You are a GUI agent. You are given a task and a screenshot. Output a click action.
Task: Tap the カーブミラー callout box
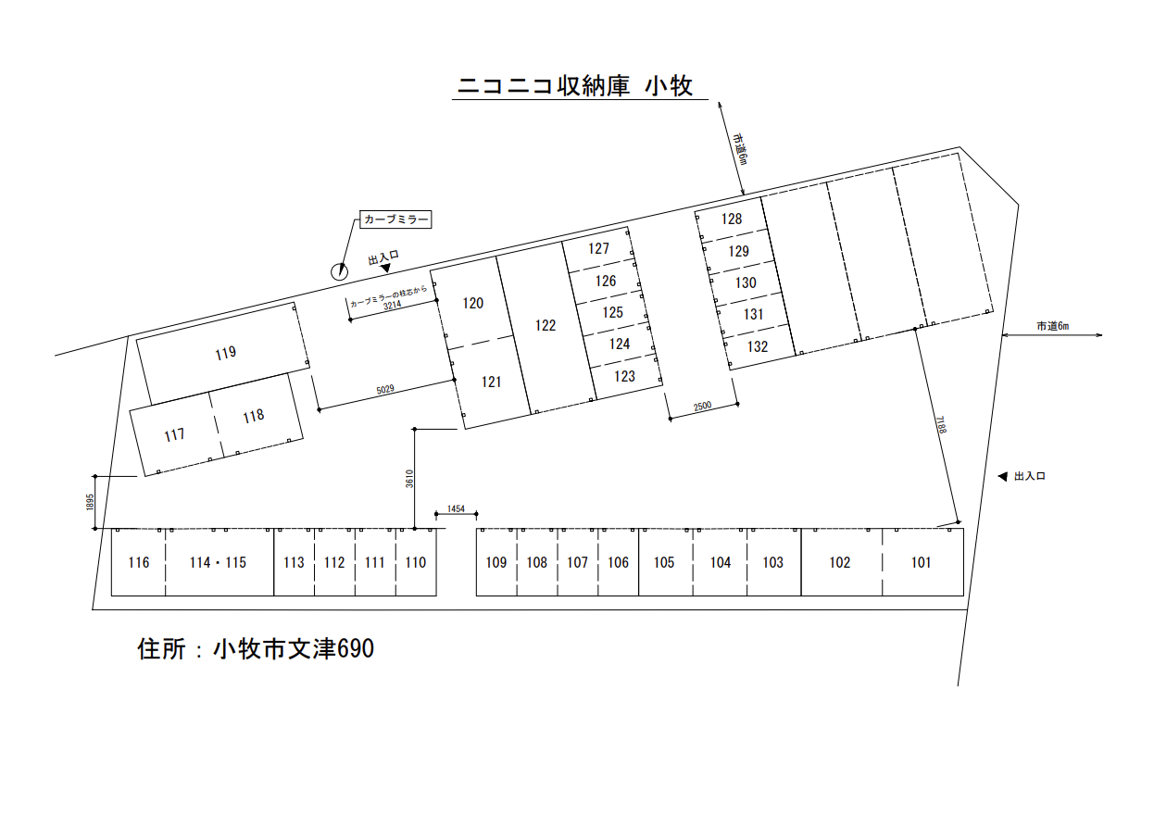point(396,219)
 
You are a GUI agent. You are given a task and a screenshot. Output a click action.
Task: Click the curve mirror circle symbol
point(339,271)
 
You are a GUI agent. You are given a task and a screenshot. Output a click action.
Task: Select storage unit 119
point(224,352)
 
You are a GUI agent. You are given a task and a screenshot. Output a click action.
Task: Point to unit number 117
point(174,434)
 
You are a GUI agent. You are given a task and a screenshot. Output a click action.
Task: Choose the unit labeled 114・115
point(219,562)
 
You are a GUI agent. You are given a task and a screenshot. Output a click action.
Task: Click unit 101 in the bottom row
point(921,562)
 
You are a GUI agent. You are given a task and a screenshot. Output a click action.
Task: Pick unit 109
point(496,562)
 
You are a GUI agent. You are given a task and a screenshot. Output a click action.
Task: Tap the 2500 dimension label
point(703,407)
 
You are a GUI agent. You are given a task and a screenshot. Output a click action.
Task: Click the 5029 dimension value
point(385,391)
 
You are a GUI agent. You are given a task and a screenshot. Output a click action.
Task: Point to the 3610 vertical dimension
point(408,479)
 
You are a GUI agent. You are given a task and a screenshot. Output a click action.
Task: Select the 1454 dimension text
point(456,510)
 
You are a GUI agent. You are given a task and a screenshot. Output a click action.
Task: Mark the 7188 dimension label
point(940,424)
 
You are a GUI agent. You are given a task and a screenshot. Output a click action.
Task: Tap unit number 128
point(732,219)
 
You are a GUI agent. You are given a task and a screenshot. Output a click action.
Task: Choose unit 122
point(546,325)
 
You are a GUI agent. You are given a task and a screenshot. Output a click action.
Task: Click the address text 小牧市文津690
point(293,649)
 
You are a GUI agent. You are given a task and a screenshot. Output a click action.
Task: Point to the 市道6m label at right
point(1052,326)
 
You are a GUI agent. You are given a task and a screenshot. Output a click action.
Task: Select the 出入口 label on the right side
point(1029,476)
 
